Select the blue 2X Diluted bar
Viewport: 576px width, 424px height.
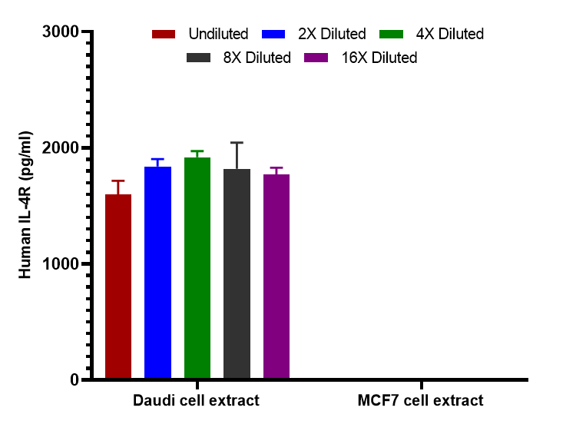pyautogui.click(x=157, y=273)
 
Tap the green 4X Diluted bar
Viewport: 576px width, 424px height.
pyautogui.click(x=197, y=268)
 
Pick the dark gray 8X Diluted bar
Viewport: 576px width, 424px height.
pyautogui.click(x=237, y=274)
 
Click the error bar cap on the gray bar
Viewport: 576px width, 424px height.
pyautogui.click(x=237, y=143)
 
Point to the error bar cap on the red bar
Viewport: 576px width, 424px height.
pyautogui.click(x=118, y=181)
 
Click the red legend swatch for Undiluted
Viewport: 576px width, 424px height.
pyautogui.click(x=164, y=34)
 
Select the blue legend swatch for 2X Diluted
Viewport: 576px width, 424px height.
pyautogui.click(x=274, y=34)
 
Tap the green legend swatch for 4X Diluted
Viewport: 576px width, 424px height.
pyautogui.click(x=391, y=34)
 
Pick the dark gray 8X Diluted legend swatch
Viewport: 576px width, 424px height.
pyautogui.click(x=199, y=58)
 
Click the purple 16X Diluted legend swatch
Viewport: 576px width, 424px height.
pyautogui.click(x=317, y=58)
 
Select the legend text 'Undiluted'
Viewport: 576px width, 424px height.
pyautogui.click(x=218, y=34)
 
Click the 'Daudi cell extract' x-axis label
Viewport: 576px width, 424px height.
pyautogui.click(x=196, y=400)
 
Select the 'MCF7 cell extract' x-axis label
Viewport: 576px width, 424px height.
pyautogui.click(x=420, y=400)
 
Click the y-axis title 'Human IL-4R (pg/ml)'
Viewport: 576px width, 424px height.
pyautogui.click(x=25, y=205)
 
